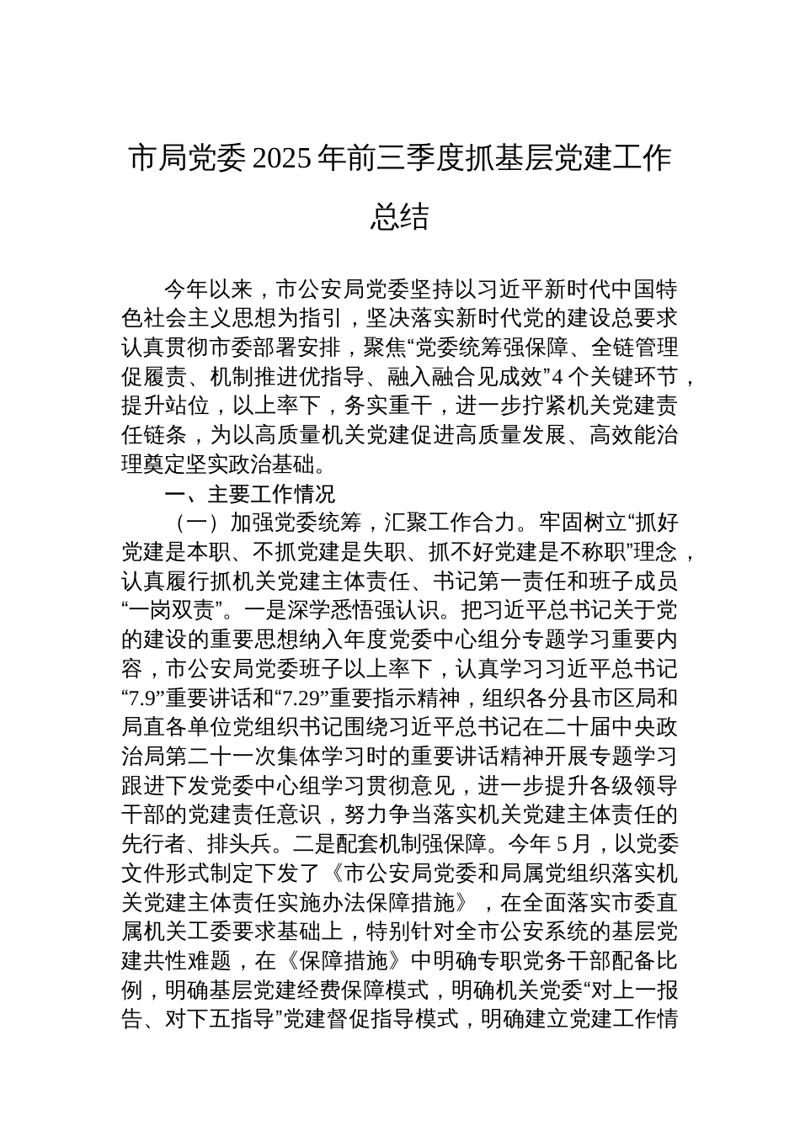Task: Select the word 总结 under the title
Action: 400,217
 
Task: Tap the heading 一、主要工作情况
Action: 250,493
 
